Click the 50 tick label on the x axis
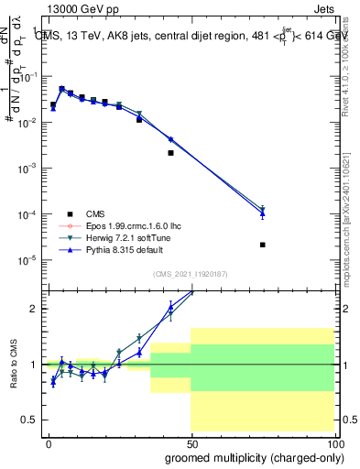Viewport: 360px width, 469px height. pyautogui.click(x=191, y=442)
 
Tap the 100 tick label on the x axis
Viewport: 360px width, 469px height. pyautogui.click(x=334, y=442)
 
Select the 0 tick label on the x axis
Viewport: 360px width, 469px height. pyautogui.click(x=48, y=442)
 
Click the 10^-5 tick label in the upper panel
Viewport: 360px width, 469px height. pyautogui.click(x=27, y=260)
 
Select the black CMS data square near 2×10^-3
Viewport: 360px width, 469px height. pyautogui.click(x=171, y=153)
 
